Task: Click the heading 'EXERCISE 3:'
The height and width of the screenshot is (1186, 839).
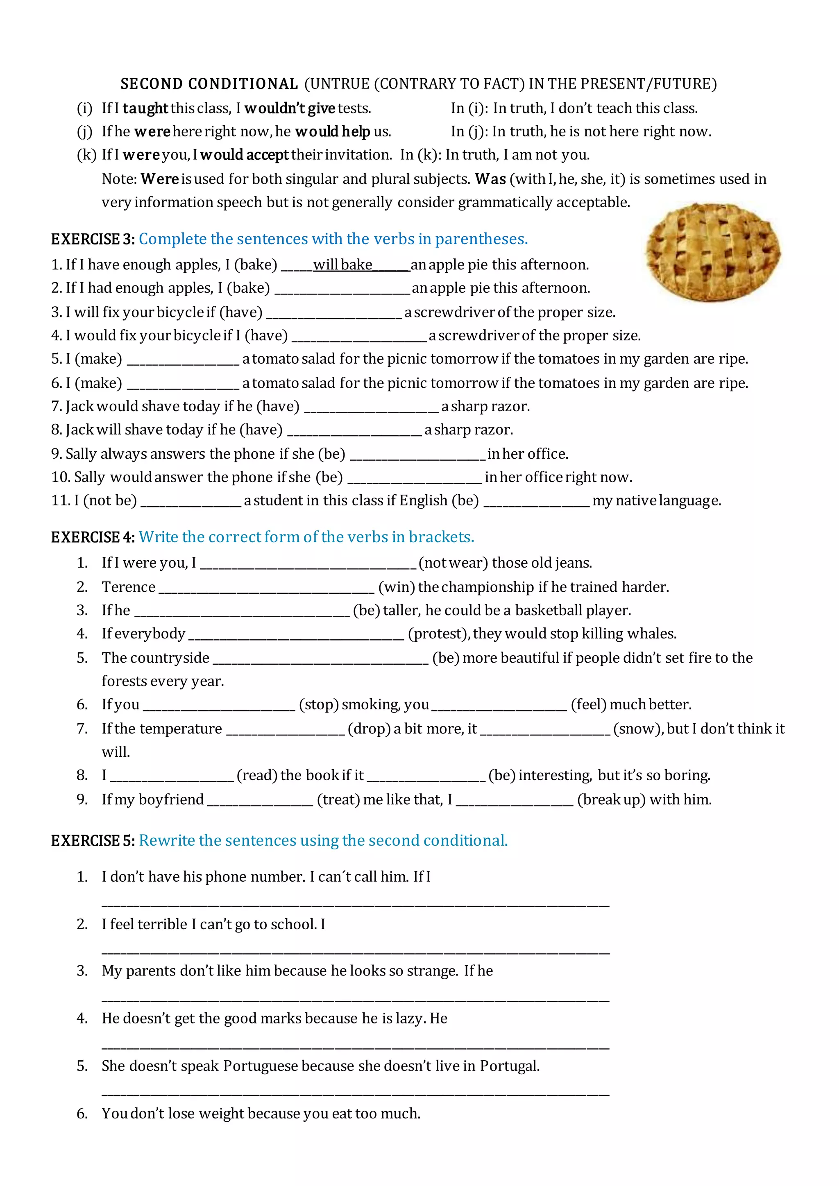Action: coord(93,239)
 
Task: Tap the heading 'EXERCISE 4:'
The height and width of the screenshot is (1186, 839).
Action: coord(93,537)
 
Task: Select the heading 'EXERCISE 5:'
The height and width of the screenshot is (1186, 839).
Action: coord(93,840)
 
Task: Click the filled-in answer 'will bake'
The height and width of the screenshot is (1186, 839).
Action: coord(342,265)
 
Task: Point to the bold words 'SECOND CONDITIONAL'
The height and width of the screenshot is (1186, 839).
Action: coord(209,84)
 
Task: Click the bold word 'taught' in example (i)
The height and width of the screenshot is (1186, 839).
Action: coord(145,109)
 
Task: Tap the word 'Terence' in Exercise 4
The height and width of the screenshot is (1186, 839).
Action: coord(128,587)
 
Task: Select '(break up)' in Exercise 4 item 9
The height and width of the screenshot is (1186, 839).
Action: coord(611,800)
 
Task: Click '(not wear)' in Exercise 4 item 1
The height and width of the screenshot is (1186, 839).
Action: coord(453,563)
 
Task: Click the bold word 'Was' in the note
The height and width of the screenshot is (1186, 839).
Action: coord(490,179)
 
